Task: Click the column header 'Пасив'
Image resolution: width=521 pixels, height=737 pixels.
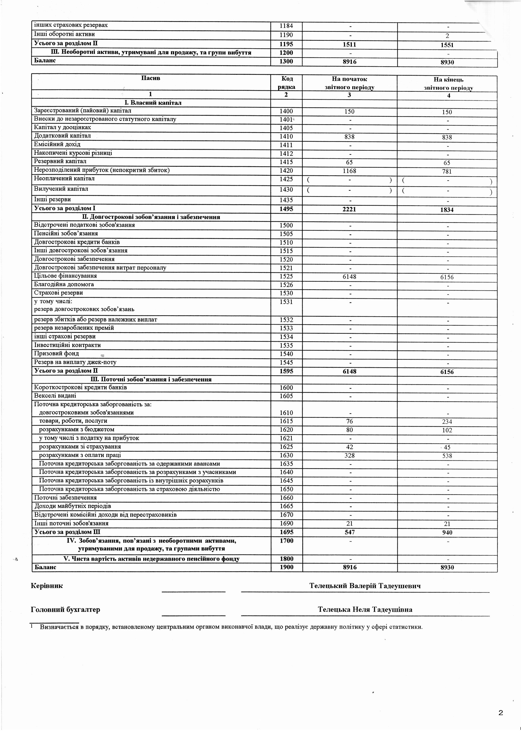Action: [x=151, y=78]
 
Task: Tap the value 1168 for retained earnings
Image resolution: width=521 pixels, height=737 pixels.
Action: [x=349, y=171]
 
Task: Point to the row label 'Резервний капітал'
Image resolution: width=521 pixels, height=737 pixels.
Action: [x=60, y=161]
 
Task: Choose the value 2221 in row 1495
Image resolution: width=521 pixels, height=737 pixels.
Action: [x=349, y=209]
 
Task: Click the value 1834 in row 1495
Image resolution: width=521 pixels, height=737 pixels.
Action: [x=447, y=210]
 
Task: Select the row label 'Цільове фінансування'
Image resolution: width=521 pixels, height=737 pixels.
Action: [x=66, y=276]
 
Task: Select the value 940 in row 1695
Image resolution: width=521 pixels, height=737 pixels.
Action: [x=447, y=532]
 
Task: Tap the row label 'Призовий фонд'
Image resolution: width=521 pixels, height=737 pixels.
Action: [x=56, y=353]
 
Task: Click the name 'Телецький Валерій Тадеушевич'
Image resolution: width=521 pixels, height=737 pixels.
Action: [x=365, y=586]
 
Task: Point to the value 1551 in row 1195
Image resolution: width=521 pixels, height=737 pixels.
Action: [x=447, y=45]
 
